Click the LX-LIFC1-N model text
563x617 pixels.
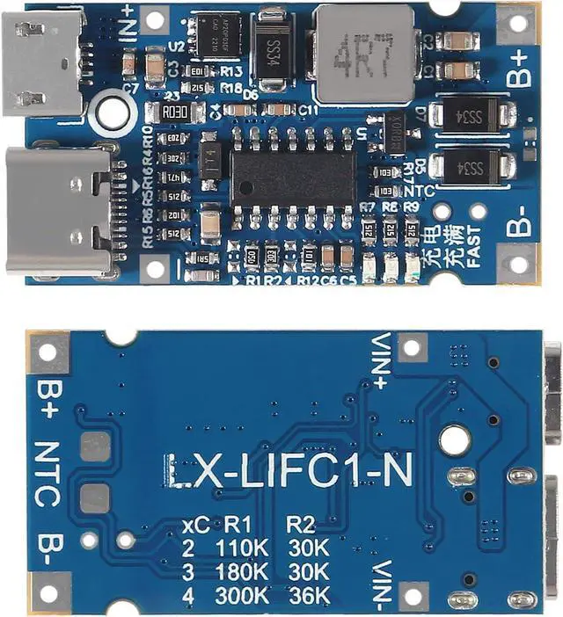click(x=287, y=472)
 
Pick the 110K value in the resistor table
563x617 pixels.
click(x=241, y=548)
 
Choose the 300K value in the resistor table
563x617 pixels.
click(x=241, y=595)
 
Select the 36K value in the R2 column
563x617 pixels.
click(x=308, y=595)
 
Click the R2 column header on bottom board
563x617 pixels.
click(x=301, y=525)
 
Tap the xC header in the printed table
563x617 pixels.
click(x=195, y=526)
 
